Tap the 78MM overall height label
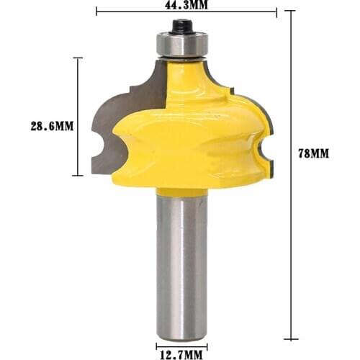point(318,153)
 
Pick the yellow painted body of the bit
point(194,130)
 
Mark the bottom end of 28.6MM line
point(78,176)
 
